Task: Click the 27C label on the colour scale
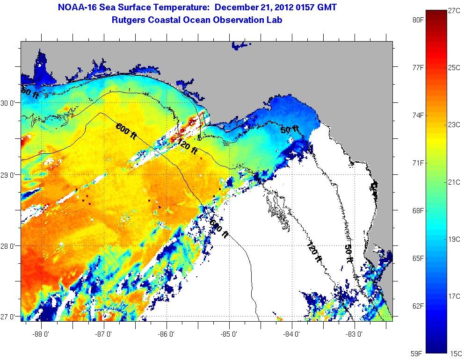pos(454,10)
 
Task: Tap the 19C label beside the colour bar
pos(454,239)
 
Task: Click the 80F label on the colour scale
pos(418,20)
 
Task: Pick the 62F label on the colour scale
pos(418,306)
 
